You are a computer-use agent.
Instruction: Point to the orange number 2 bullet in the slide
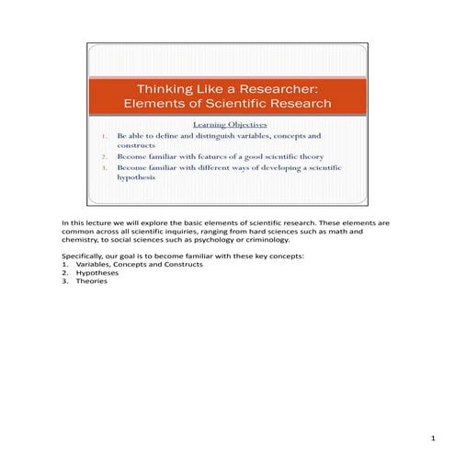pyautogui.click(x=106, y=157)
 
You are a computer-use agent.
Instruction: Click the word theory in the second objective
pyautogui.click(x=313, y=157)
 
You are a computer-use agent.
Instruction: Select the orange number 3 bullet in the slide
pyautogui.click(x=106, y=168)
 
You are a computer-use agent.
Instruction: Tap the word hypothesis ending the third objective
pyautogui.click(x=136, y=178)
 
